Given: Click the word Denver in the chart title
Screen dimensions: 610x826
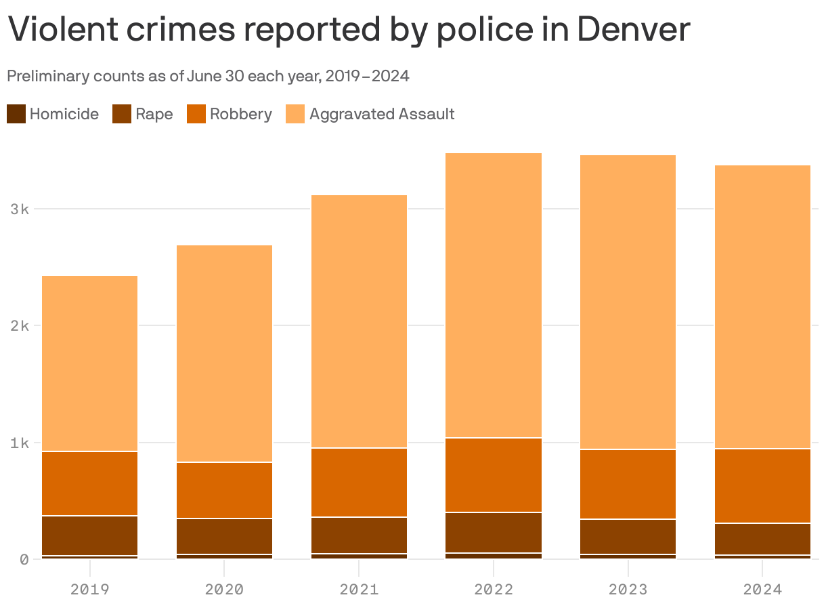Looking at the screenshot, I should pos(633,30).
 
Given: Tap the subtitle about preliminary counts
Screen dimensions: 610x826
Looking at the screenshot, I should pos(208,76).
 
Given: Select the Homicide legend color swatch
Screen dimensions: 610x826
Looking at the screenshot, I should pos(16,114).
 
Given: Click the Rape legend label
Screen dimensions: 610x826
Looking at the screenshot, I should pos(154,114).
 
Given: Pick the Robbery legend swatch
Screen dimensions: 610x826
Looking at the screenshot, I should pos(196,114).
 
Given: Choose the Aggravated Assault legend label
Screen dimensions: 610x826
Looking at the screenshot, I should pos(381,114).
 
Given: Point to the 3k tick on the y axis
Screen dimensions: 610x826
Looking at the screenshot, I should pos(19,209).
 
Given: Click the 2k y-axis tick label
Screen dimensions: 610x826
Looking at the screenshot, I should pos(19,325).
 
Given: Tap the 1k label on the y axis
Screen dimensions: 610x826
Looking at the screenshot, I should pos(19,443).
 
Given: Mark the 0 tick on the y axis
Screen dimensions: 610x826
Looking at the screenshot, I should pos(24,559).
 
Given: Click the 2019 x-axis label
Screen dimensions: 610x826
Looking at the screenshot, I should pos(89,589).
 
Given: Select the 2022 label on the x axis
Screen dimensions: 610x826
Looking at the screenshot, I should pos(494,589).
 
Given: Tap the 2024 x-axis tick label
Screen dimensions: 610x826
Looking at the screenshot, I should pos(762,589).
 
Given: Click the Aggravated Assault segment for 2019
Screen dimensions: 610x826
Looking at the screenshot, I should pos(89,363).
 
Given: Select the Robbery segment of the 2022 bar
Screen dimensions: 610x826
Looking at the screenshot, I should pos(494,474).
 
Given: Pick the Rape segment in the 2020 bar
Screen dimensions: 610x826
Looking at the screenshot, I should pos(224,536).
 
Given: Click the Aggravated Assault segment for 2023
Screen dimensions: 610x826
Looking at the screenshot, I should pos(628,302).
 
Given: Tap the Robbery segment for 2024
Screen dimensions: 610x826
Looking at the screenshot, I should pos(762,485).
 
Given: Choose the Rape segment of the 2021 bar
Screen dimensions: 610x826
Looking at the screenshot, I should pos(359,535).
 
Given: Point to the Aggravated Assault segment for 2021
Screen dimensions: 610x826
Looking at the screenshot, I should pos(359,321).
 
